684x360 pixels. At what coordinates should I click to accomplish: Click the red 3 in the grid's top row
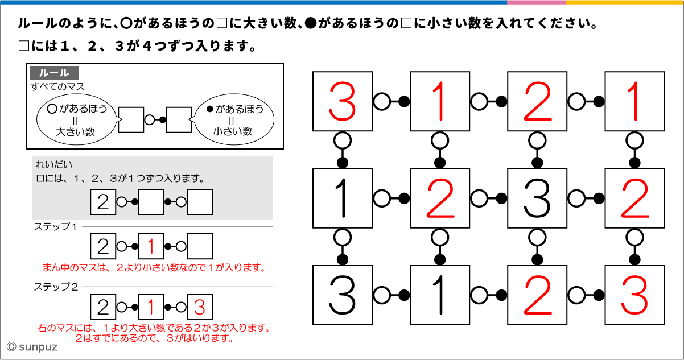342,101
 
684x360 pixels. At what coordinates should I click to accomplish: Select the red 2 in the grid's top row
537,101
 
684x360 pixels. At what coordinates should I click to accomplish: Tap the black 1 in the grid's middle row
342,198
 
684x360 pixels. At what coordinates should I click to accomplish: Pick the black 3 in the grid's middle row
537,198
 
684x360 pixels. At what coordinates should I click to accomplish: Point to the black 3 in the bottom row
342,295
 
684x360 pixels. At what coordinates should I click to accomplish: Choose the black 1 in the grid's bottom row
439,295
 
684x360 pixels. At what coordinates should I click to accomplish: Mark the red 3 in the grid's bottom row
634,295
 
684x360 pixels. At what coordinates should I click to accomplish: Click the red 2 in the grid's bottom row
537,295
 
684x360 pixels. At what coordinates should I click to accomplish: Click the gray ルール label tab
55,73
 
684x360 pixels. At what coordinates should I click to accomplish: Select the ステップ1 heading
55,226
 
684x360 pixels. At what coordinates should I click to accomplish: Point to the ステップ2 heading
55,287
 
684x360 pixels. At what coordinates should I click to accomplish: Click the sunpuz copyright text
30,346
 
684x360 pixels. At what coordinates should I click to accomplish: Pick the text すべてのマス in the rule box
57,87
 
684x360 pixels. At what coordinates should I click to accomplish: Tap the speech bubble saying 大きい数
76,120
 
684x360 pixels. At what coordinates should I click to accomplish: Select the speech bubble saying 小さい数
233,120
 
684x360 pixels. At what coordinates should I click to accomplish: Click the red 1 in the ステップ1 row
151,247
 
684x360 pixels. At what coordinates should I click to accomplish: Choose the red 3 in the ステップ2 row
199,307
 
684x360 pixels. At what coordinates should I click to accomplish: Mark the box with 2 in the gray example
103,202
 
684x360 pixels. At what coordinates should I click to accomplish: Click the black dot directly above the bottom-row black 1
439,259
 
